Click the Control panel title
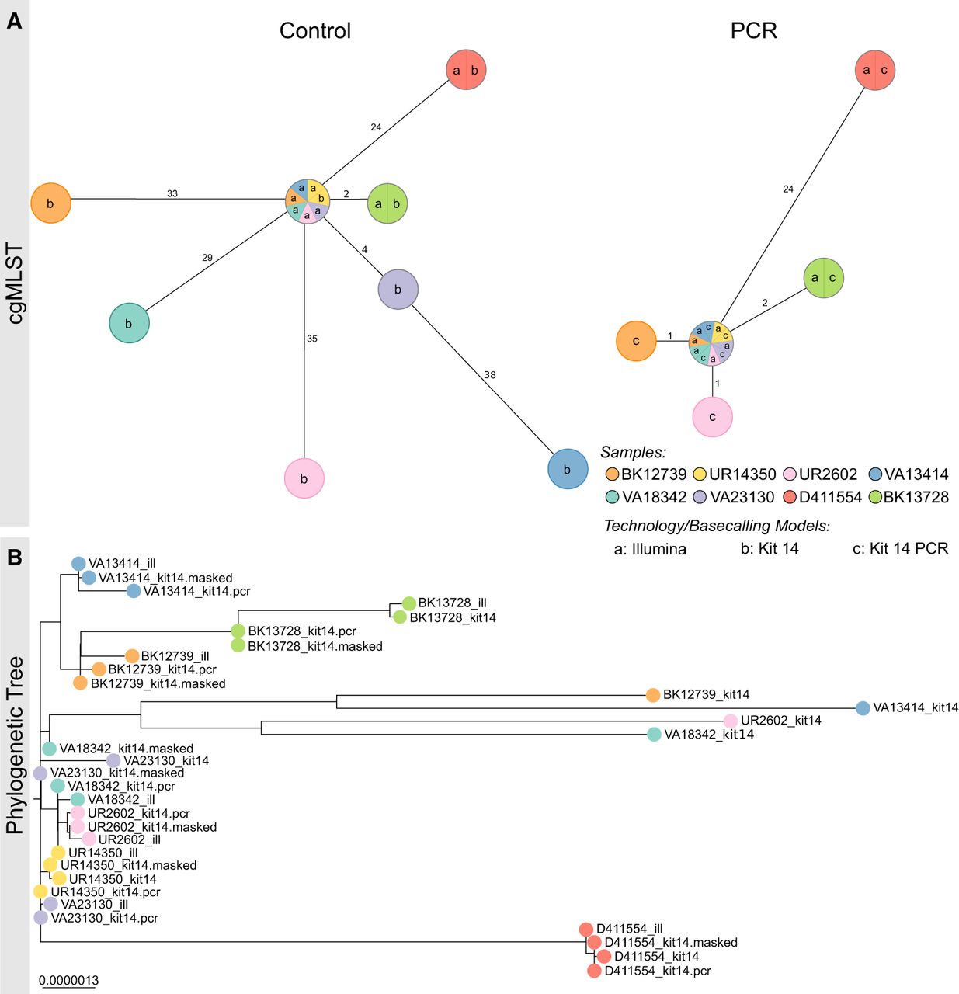[315, 31]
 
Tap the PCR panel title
[753, 31]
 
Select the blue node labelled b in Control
[568, 469]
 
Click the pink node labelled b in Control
[304, 478]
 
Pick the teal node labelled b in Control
[129, 323]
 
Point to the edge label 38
[490, 375]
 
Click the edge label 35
[312, 339]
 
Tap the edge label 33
[172, 193]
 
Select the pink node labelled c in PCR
[712, 417]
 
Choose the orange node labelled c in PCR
[636, 341]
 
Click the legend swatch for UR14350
[700, 474]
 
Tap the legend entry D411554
[830, 497]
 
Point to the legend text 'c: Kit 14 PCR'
[900, 549]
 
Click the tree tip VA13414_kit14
[863, 708]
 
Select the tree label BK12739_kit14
[706, 694]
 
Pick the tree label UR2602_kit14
[780, 721]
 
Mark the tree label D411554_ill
[629, 929]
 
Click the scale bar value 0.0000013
[69, 980]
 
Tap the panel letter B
[14, 558]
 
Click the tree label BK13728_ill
[452, 603]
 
